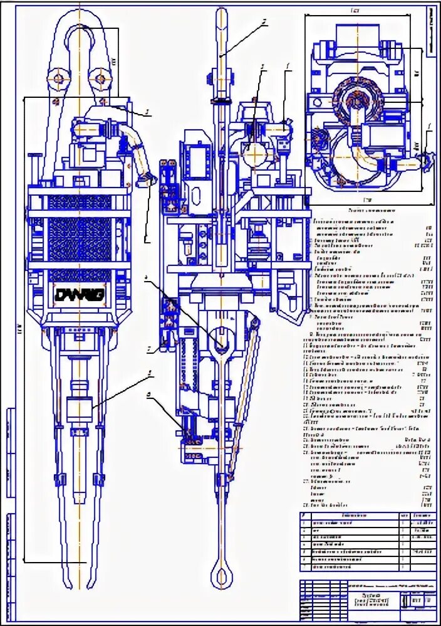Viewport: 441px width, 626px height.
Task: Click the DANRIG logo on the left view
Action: tap(80, 294)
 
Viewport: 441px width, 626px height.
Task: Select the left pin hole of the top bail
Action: tap(58, 78)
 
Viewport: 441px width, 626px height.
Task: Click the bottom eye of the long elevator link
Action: tap(220, 573)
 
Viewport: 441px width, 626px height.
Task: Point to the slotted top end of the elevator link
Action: tap(220, 339)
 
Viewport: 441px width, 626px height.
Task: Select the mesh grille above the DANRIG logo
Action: tap(80, 238)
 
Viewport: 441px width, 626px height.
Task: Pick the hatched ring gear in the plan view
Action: tap(355, 100)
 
